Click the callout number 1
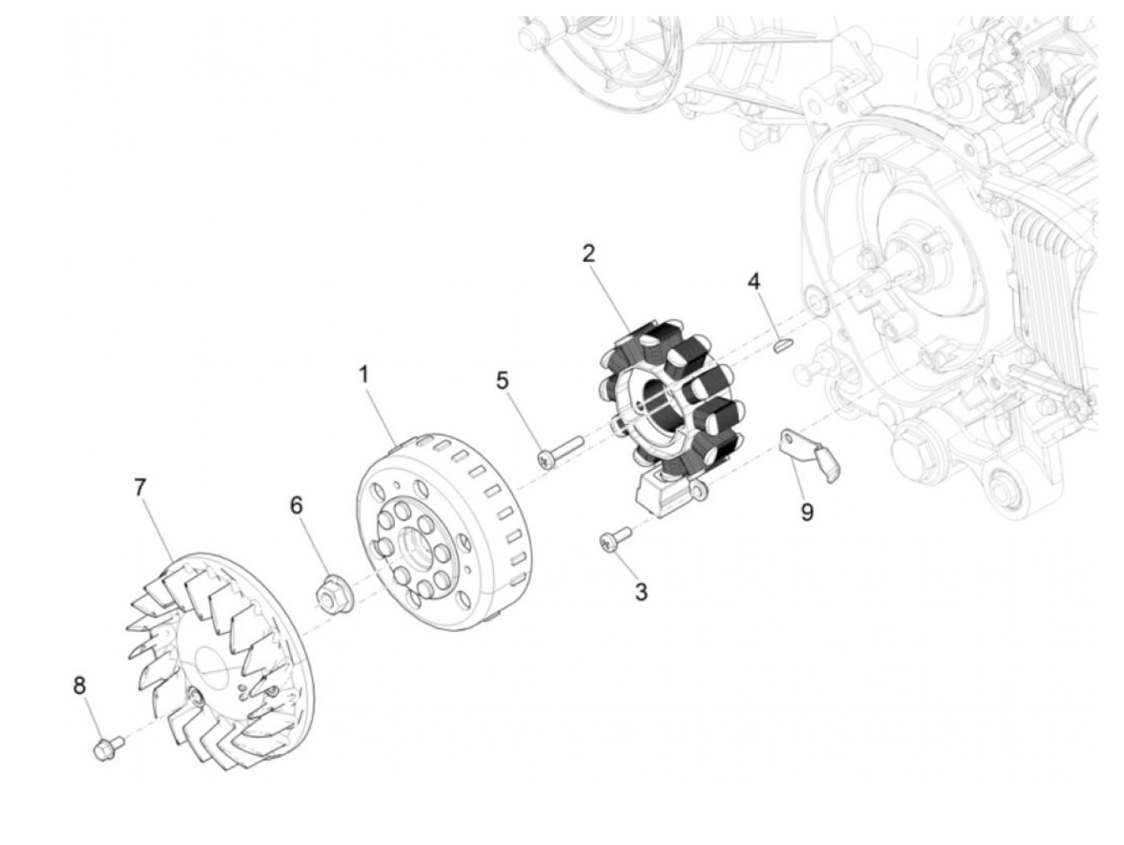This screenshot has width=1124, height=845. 364,374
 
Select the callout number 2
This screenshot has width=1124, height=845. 588,254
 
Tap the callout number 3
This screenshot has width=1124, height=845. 641,592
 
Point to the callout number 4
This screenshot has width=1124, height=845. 753,281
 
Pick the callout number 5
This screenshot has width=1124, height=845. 502,380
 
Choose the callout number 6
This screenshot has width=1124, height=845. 297,505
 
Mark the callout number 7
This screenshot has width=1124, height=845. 140,487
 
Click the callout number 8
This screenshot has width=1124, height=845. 79,686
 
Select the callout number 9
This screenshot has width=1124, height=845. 807,512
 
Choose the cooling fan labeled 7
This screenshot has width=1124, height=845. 217,659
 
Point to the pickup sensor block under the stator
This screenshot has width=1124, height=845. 662,493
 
